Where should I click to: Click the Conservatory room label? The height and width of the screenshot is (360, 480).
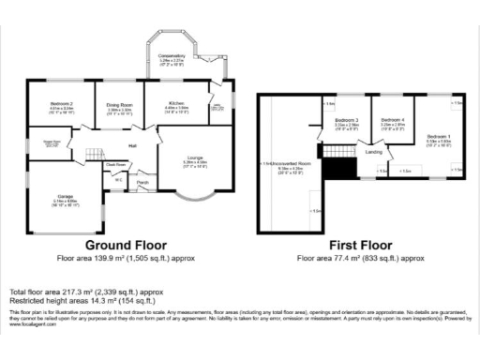click(172, 57)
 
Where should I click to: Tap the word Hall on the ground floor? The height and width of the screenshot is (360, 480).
click(132, 146)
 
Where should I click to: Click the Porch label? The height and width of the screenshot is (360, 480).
click(143, 182)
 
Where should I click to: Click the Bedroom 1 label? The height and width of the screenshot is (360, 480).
click(439, 137)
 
